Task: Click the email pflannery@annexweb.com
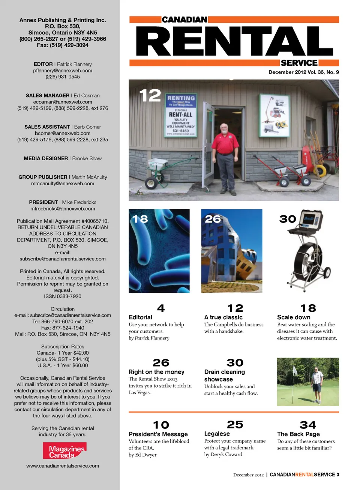coord(63,71)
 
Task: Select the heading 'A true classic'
coord(223,317)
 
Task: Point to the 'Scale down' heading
coord(294,317)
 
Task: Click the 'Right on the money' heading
coord(156,372)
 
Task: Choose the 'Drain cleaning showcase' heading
coord(224,376)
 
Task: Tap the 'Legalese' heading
coord(217,434)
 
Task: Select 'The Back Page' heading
coord(298,434)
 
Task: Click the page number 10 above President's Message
coord(161,425)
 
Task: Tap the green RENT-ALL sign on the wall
coord(181,116)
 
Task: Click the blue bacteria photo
coord(159,251)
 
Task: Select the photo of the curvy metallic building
coord(231,251)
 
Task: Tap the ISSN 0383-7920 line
coord(63,296)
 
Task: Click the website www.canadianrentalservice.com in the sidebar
coord(63,466)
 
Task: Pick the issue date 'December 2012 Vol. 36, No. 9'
coord(303,72)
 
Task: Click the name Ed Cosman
coord(87,96)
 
